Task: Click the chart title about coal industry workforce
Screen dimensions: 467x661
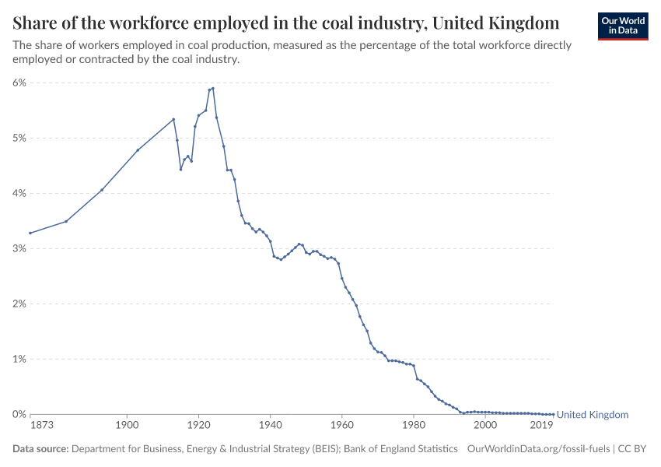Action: tap(285, 22)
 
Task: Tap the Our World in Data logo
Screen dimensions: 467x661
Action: tap(622, 26)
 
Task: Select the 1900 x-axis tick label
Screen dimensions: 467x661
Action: tap(127, 425)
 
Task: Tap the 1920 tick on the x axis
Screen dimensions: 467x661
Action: tap(198, 425)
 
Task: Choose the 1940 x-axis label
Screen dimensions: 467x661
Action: tap(270, 425)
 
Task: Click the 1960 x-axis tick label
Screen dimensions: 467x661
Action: tap(341, 425)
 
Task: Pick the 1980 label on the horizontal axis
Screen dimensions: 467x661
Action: tap(414, 425)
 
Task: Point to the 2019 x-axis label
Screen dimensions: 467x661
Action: tap(542, 425)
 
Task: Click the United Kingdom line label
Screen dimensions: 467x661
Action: tap(592, 415)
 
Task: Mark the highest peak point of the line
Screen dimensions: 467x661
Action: tap(213, 88)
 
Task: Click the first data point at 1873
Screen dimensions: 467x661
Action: tap(30, 233)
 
